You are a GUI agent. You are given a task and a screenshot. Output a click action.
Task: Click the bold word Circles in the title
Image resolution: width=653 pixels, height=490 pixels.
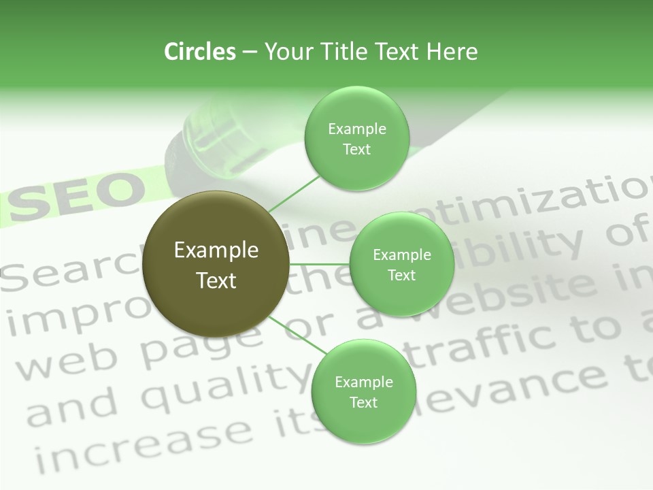click(x=200, y=52)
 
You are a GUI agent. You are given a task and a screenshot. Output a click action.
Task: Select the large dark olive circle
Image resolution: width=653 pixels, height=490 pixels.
click(x=216, y=264)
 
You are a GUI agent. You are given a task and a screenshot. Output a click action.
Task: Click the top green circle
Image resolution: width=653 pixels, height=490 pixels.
click(x=356, y=138)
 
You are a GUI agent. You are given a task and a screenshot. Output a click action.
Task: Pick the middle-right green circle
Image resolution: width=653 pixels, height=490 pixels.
click(x=401, y=264)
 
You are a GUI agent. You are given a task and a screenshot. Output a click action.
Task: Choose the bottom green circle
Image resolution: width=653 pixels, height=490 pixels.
click(x=363, y=391)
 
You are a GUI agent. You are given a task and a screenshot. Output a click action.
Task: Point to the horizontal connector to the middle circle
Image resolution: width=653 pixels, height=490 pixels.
click(x=320, y=264)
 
